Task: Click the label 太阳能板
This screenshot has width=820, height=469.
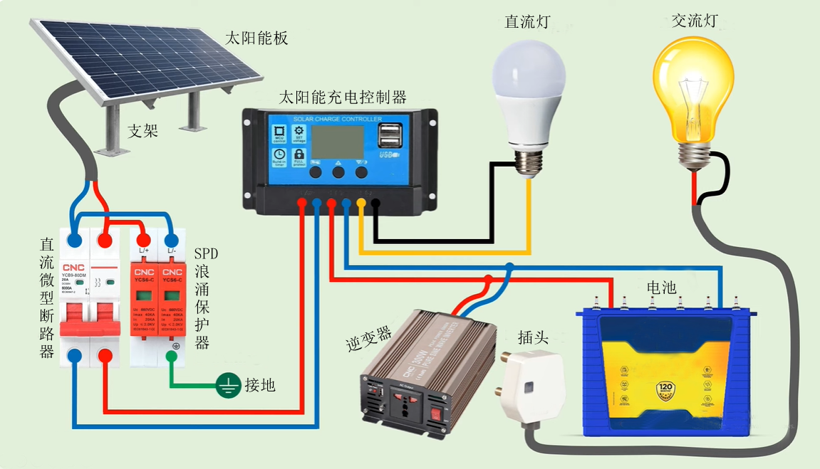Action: (256, 38)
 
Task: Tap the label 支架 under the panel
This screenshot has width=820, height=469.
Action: (142, 131)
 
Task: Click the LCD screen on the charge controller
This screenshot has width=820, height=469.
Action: (338, 141)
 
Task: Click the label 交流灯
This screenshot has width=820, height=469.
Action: (694, 21)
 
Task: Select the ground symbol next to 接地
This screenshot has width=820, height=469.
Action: (229, 386)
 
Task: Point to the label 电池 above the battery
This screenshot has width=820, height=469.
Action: (660, 288)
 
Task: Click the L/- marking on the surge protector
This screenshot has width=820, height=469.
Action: (171, 251)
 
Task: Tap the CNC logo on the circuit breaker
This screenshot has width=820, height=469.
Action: (74, 268)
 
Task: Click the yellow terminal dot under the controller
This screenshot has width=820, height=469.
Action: (361, 204)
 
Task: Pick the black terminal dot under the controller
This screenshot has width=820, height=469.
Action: (375, 204)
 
